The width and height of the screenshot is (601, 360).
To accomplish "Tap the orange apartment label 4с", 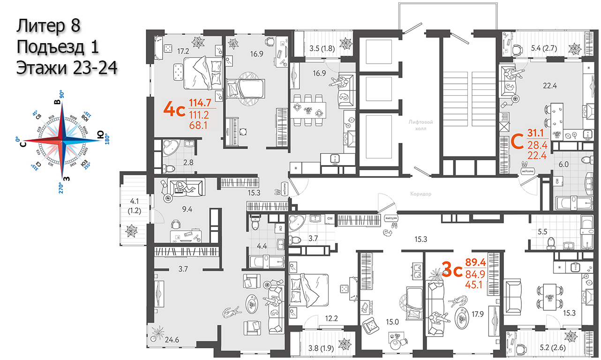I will coord(174,109).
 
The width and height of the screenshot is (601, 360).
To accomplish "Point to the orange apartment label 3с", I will coord(452,270).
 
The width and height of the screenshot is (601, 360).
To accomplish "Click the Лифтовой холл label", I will coord(420,126).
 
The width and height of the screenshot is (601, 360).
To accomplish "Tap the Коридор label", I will coord(420,193).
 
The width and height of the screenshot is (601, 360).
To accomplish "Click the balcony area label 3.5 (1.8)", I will coord(322,47).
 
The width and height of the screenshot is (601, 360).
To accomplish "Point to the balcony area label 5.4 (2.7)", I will coord(544,47).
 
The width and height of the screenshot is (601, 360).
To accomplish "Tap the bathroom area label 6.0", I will coord(563,165).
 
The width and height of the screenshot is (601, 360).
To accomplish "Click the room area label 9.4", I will coord(187,209).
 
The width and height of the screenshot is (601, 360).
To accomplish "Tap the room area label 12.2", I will coord(331,319).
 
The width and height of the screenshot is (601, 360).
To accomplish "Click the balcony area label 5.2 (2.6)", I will coord(544,347).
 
